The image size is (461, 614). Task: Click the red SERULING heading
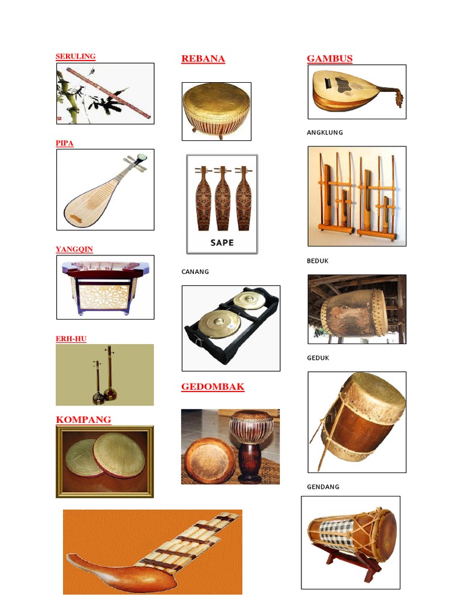pyautogui.click(x=75, y=56)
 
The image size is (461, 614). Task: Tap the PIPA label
pyautogui.click(x=64, y=143)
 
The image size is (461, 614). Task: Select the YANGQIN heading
pyautogui.click(x=74, y=249)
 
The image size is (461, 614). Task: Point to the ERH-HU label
pyautogui.click(x=71, y=339)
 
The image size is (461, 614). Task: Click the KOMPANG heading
pyautogui.click(x=83, y=419)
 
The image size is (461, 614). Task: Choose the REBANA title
pyautogui.click(x=203, y=59)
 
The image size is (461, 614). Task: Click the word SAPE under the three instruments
pyautogui.click(x=222, y=243)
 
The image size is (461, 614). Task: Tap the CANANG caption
pyautogui.click(x=195, y=272)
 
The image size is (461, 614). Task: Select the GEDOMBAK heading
pyautogui.click(x=212, y=387)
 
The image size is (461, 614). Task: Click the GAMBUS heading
pyautogui.click(x=330, y=59)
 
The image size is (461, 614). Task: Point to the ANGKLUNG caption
pyautogui.click(x=325, y=133)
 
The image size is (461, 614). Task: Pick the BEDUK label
pyautogui.click(x=318, y=261)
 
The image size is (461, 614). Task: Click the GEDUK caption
pyautogui.click(x=318, y=358)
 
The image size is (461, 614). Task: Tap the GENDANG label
pyautogui.click(x=323, y=487)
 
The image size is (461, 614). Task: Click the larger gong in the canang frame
pyautogui.click(x=214, y=323)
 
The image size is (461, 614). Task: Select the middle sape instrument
pyautogui.click(x=222, y=199)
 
